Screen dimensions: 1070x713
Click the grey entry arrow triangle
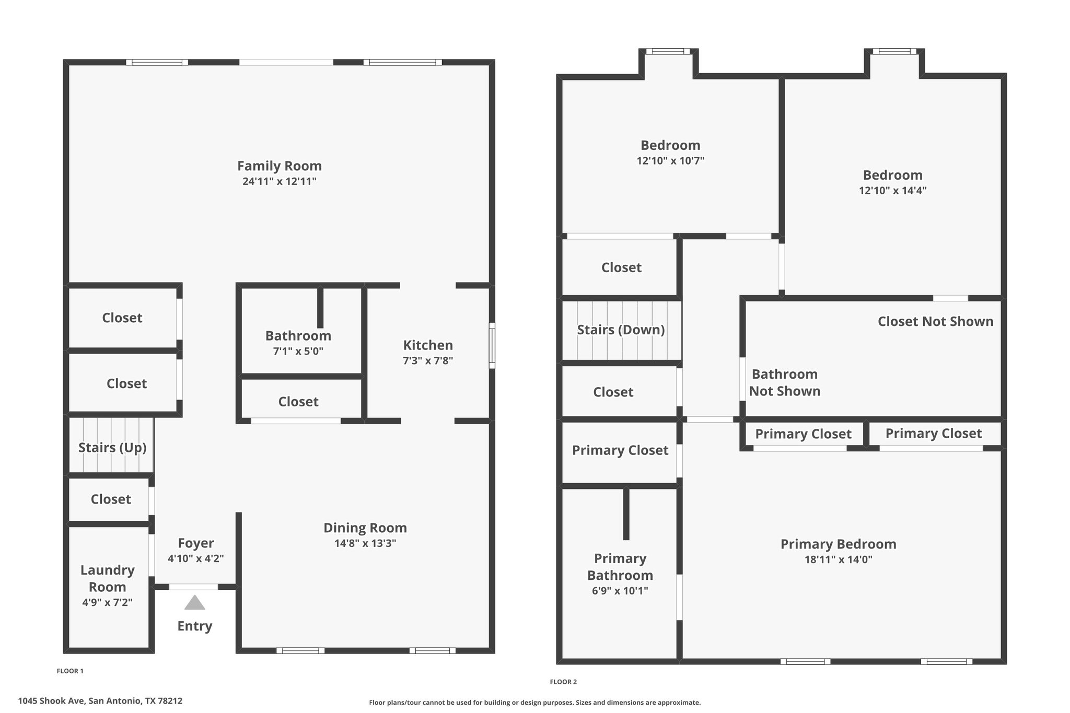[x=194, y=603]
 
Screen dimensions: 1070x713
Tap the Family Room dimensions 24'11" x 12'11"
[x=280, y=182]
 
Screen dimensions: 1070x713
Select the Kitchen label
[x=428, y=345]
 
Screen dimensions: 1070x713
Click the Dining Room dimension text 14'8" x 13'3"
[x=365, y=544]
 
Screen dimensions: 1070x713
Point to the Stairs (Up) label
[x=112, y=448]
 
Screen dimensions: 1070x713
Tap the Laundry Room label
[x=108, y=578]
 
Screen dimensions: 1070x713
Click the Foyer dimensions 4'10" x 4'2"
[x=196, y=558]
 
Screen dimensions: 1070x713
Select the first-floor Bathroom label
[x=298, y=336]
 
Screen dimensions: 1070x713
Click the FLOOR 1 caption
[x=70, y=671]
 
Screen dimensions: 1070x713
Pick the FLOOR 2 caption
[x=563, y=682]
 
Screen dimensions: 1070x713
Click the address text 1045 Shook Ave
[x=51, y=701]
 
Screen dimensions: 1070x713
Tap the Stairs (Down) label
[x=621, y=330]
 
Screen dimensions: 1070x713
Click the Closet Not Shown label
[x=936, y=321]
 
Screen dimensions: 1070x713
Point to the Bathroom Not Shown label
[x=785, y=383]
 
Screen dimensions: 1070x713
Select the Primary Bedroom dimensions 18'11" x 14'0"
[x=839, y=560]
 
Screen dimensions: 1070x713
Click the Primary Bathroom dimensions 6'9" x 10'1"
[x=620, y=591]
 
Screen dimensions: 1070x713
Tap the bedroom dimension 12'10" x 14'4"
[x=893, y=191]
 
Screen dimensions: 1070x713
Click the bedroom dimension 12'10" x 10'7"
[x=670, y=161]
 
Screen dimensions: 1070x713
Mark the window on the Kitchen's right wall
[x=492, y=346]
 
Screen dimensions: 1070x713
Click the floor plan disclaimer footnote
[x=534, y=703]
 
